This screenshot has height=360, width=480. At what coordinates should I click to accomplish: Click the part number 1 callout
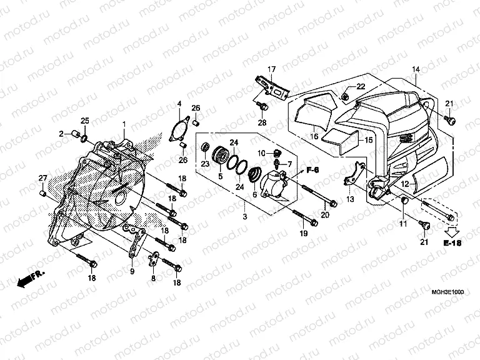[124, 124]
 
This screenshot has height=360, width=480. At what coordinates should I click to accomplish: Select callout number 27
[42, 179]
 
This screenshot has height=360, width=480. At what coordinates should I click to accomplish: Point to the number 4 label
[179, 103]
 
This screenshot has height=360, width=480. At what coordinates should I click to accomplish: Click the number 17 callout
[272, 69]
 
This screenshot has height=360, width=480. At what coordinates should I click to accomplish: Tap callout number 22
[361, 86]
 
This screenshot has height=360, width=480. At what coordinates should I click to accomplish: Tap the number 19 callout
[303, 233]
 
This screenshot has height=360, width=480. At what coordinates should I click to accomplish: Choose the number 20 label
[325, 216]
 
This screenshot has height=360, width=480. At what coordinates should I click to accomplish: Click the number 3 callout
[245, 216]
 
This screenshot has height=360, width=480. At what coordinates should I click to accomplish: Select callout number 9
[132, 271]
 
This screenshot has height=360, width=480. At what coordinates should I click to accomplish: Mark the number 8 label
[153, 279]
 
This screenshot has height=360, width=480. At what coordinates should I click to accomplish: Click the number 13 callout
[350, 199]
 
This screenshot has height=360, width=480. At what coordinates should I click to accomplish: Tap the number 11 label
[403, 224]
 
